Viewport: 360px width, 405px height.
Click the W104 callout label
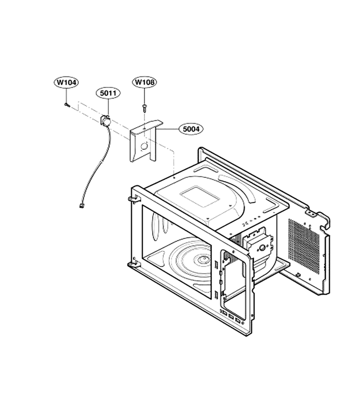(66, 82)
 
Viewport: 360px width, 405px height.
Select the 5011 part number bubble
(108, 93)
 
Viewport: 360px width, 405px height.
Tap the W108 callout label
(144, 82)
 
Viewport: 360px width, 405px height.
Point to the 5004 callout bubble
(191, 129)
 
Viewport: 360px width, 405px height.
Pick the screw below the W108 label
(144, 108)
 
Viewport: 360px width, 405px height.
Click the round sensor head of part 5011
(105, 120)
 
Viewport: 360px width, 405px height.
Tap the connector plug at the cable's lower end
(82, 206)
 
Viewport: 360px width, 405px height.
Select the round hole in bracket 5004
(144, 146)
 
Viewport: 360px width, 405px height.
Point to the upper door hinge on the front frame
(133, 199)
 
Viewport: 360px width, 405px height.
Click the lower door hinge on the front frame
(134, 263)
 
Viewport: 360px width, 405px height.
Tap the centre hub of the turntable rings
(203, 258)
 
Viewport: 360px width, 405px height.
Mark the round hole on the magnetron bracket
(261, 248)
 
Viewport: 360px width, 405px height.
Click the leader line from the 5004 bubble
(168, 129)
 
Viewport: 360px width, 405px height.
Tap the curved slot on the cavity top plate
(238, 186)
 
